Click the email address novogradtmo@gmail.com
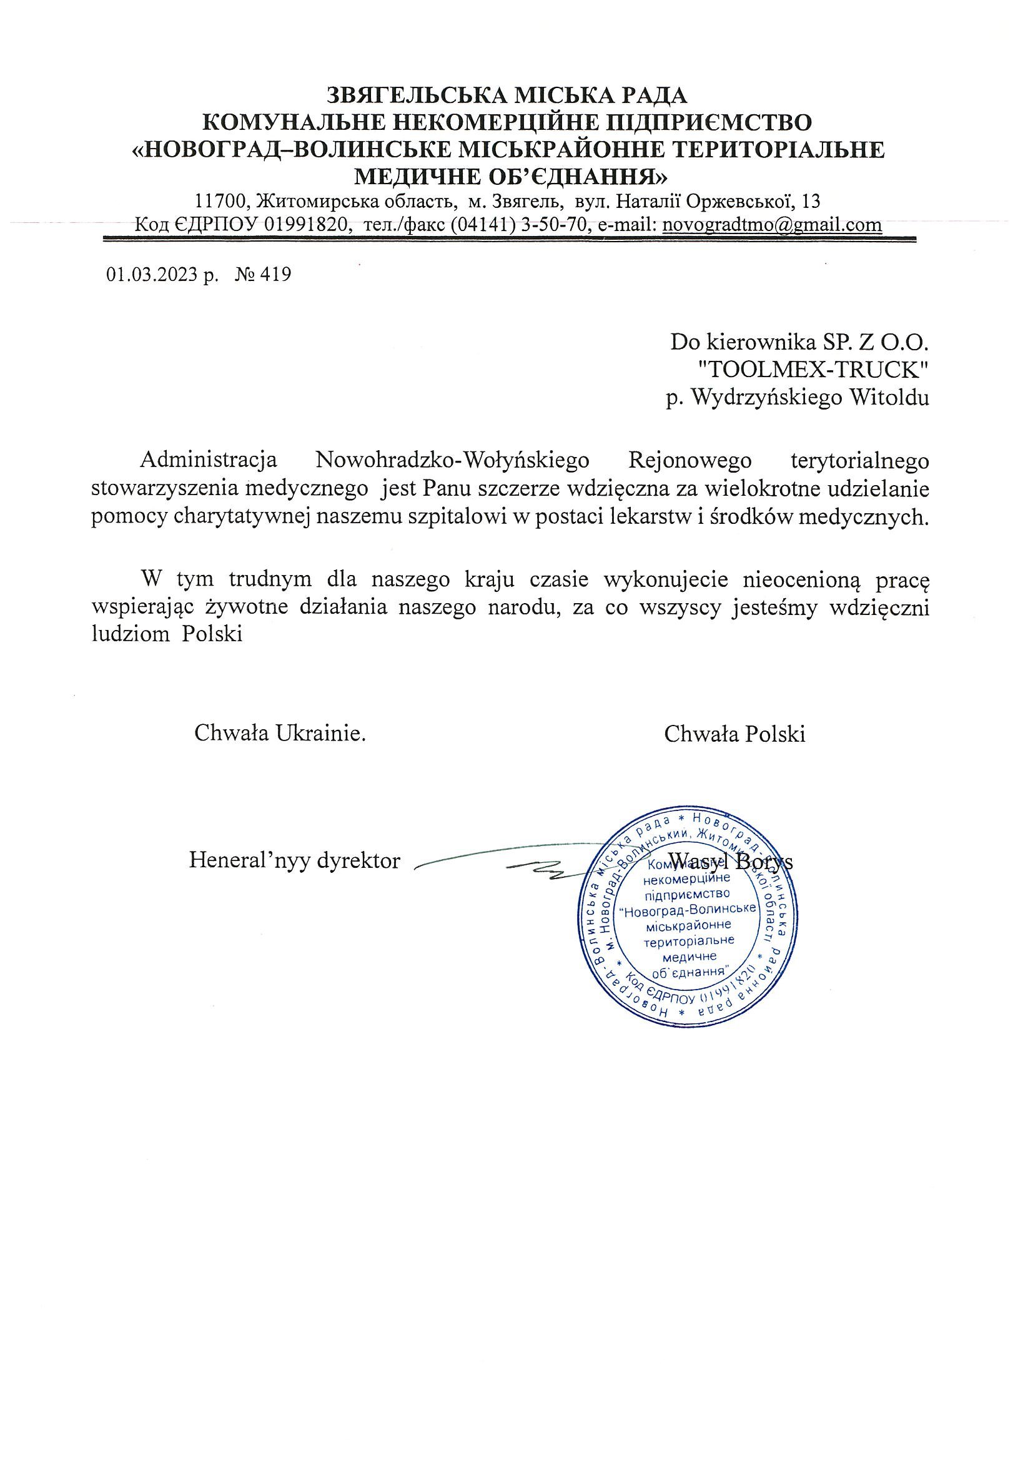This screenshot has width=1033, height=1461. click(771, 225)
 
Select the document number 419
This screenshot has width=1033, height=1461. click(277, 275)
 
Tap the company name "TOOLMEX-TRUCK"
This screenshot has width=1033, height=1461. click(812, 370)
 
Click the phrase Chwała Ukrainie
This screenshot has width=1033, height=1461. click(280, 734)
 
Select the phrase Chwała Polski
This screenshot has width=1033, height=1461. click(734, 734)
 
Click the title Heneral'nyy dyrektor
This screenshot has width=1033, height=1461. click(294, 861)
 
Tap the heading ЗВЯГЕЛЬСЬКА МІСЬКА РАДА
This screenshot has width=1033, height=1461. click(507, 96)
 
